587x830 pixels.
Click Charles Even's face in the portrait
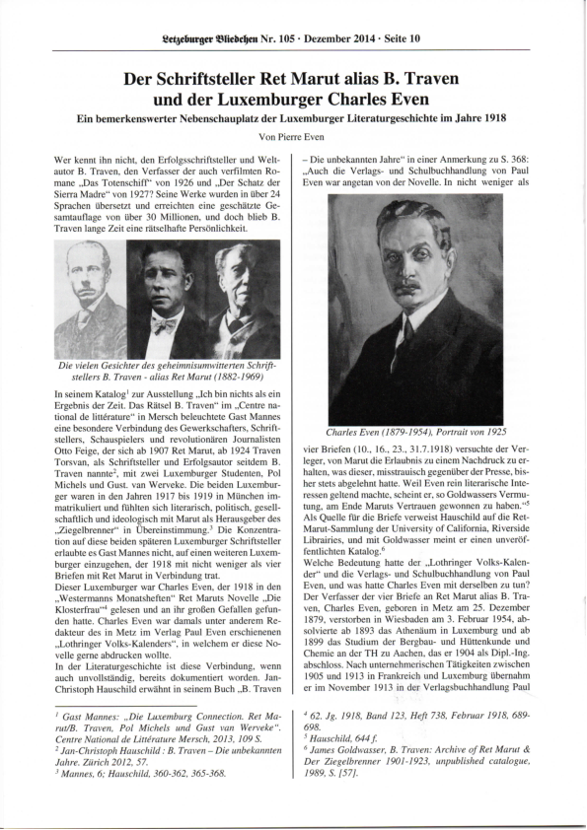414,266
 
